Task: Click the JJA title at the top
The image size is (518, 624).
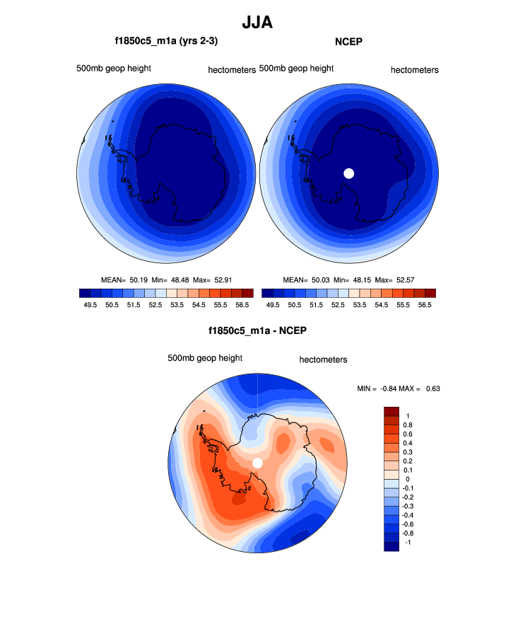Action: coord(257,22)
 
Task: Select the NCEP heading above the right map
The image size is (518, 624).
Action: coord(348,42)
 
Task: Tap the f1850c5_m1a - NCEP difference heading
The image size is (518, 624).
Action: coord(257,330)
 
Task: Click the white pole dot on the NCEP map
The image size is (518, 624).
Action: coord(348,173)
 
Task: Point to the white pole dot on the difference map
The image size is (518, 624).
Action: coord(257,463)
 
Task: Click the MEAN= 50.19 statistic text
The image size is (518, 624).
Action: coord(124,279)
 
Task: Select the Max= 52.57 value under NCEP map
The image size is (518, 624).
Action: coord(393,279)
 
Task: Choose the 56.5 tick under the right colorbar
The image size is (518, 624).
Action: coord(425,305)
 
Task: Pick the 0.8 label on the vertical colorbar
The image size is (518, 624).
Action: coord(408,425)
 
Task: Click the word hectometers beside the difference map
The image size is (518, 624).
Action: coord(323,359)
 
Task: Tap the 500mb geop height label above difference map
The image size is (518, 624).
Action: coord(205,358)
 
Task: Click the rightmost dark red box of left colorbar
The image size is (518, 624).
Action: coord(247,292)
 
